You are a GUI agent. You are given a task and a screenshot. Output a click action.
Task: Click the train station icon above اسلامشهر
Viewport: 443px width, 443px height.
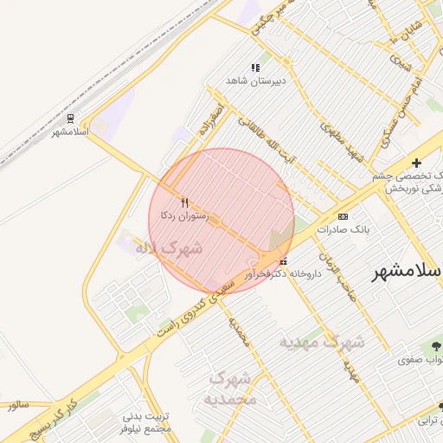click(70, 119)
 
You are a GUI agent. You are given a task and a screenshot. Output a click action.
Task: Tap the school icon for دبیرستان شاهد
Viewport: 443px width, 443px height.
click(255, 67)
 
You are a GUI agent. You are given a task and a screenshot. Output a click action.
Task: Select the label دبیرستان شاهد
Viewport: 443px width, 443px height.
click(255, 80)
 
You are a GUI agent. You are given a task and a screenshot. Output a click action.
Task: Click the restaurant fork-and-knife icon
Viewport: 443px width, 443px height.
click(184, 202)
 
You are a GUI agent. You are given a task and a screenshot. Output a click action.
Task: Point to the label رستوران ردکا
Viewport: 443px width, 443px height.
click(181, 214)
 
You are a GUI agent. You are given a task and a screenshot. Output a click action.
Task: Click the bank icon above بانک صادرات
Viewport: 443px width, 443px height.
click(343, 216)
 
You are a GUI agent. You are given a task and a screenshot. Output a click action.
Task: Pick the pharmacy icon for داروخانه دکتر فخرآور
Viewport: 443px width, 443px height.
click(283, 261)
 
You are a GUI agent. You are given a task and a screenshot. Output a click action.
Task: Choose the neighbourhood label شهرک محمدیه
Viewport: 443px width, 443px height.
click(231, 388)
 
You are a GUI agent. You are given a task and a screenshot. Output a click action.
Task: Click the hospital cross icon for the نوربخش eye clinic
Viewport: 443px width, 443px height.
click(416, 163)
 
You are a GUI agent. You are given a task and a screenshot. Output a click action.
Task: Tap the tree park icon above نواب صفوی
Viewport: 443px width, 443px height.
click(433, 345)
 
